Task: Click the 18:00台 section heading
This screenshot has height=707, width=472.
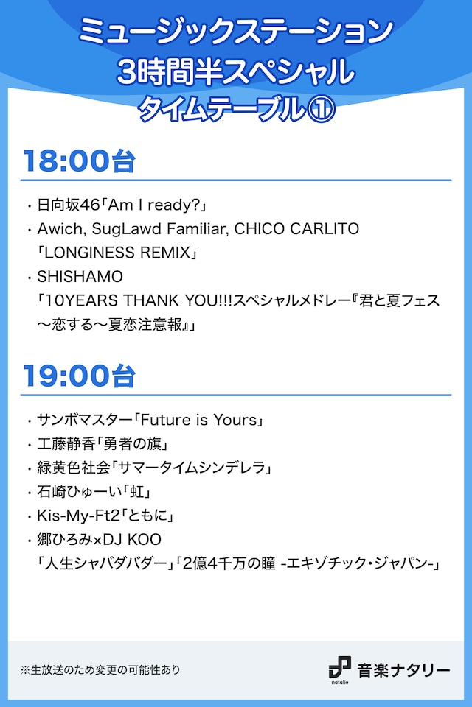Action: (79, 161)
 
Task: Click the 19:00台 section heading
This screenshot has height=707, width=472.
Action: (79, 376)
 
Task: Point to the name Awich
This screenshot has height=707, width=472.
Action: (56, 228)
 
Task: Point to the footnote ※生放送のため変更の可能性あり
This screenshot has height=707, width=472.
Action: (100, 670)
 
